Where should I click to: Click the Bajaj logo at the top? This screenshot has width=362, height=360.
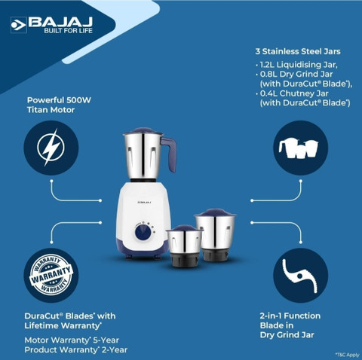pyautogui.click(x=51, y=25)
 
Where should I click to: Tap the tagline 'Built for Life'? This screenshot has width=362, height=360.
pyautogui.click(x=68, y=31)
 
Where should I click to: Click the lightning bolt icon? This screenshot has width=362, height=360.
pyautogui.click(x=51, y=148)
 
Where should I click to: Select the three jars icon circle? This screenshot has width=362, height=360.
pyautogui.click(x=300, y=148)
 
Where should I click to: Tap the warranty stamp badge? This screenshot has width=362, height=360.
pyautogui.click(x=51, y=275)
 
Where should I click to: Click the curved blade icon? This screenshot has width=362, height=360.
pyautogui.click(x=300, y=276)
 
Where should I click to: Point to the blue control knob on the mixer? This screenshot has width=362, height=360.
pyautogui.click(x=143, y=232)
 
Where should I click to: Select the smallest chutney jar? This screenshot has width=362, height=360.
pyautogui.click(x=184, y=246)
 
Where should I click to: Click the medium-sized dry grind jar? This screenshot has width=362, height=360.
pyautogui.click(x=215, y=234)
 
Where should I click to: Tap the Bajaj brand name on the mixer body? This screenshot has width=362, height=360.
pyautogui.click(x=144, y=202)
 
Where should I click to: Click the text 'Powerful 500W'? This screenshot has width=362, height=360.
pyautogui.click(x=59, y=100)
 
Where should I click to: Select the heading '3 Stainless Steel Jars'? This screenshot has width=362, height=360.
pyautogui.click(x=298, y=51)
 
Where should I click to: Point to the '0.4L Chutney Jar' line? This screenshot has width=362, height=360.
pyautogui.click(x=294, y=93)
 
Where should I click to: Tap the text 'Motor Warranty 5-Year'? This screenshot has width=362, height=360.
pyautogui.click(x=72, y=340)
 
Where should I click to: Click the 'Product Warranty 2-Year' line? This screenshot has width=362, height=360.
pyautogui.click(x=76, y=349)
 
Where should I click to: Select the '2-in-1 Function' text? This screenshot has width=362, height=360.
pyautogui.click(x=290, y=316)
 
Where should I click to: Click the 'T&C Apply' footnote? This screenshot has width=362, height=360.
pyautogui.click(x=348, y=355)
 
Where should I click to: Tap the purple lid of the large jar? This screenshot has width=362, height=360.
pyautogui.click(x=143, y=130)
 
